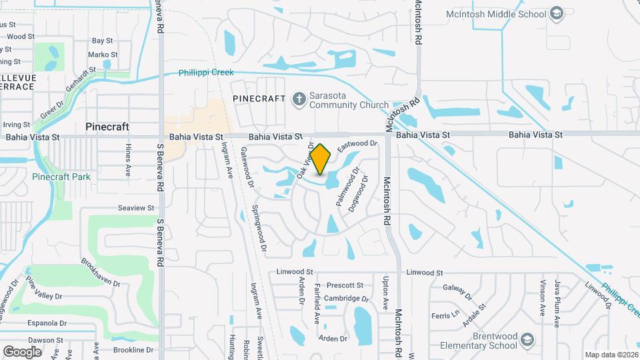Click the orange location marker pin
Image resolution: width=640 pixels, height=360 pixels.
[320, 159]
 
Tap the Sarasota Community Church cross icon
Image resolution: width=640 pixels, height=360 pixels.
[299, 99]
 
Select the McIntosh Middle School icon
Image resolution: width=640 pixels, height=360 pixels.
[557, 13]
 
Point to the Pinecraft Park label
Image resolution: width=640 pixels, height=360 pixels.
[61, 177]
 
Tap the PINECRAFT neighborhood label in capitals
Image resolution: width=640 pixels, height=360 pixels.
[259, 99]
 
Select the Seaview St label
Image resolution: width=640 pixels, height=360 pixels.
[136, 208]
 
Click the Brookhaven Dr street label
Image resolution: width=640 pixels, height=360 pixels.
[101, 273]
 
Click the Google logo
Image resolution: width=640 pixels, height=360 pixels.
[22, 351]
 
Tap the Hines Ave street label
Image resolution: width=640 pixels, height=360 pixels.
[127, 163]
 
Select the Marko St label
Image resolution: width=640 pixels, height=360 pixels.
[103, 55]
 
